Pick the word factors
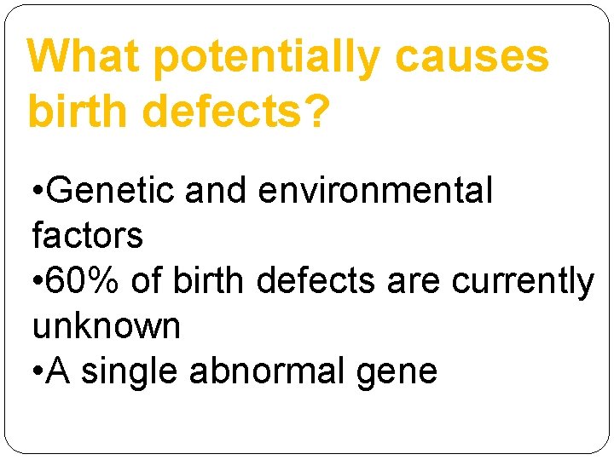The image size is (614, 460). click(87, 235)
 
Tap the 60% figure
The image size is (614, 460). click(84, 281)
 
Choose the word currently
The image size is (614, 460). click(522, 281)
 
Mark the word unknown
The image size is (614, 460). click(106, 326)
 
